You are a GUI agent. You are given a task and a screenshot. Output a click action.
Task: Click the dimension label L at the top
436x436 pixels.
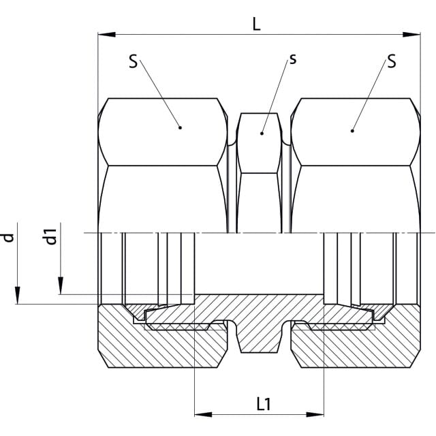pyautogui.click(x=256, y=25)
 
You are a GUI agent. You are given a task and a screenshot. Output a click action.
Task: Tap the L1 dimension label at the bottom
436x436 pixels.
pyautogui.click(x=264, y=404)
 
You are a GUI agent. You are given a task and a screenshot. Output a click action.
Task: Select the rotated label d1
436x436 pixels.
pyautogui.click(x=51, y=236)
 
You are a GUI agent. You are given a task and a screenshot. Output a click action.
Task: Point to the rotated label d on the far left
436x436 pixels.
pyautogui.click(x=9, y=238)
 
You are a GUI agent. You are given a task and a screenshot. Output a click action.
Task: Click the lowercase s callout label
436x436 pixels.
pyautogui.click(x=293, y=59)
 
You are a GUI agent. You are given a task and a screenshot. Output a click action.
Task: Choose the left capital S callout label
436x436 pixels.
pyautogui.click(x=134, y=61)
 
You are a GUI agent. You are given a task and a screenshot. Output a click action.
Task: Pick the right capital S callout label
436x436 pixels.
pyautogui.click(x=392, y=61)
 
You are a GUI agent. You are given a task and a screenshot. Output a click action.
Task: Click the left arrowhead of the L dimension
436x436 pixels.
pyautogui.click(x=106, y=35)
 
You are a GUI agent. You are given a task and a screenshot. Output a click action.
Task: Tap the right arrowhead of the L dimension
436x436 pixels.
pyautogui.click(x=411, y=35)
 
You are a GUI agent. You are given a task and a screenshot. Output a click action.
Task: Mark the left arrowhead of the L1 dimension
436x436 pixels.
pyautogui.click(x=203, y=415)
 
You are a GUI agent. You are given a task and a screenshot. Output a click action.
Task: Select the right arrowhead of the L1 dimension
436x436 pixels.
pyautogui.click(x=315, y=415)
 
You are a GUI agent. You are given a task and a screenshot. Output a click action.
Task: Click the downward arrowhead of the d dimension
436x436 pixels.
pyautogui.click(x=18, y=295)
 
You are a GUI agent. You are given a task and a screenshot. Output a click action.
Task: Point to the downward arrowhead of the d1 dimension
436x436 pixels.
pyautogui.click(x=61, y=285)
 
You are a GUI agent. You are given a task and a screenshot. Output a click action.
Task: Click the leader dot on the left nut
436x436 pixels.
pyautogui.click(x=180, y=127)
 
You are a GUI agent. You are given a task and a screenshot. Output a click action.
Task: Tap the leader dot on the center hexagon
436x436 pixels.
pyautogui.click(x=262, y=134)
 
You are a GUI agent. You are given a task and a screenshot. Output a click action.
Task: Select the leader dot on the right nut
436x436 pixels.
pyautogui.click(x=352, y=131)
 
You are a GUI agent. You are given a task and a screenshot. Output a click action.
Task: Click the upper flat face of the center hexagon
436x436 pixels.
pyautogui.click(x=259, y=143)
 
